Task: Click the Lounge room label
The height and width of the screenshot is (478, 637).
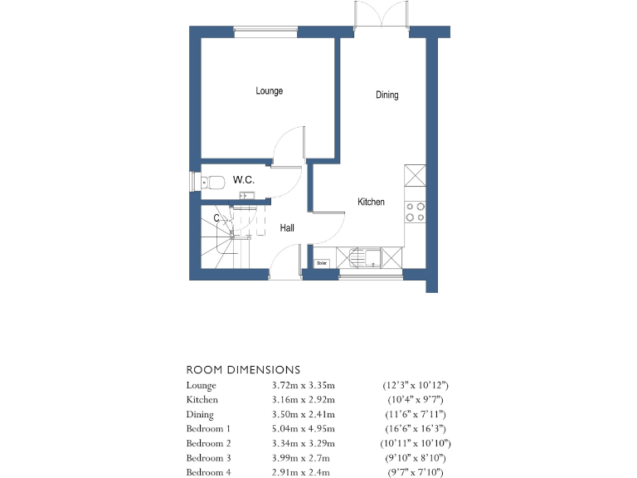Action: point(269,91)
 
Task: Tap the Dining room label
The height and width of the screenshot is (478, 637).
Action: point(387,95)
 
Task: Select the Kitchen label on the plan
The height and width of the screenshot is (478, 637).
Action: point(371,202)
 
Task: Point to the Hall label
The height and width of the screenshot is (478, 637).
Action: point(286,228)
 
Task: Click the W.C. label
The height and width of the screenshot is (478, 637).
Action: point(243,180)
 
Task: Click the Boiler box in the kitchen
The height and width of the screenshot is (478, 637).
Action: point(322,263)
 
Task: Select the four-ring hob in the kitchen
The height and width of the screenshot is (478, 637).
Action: point(415,212)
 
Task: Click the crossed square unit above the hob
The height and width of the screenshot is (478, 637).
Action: point(415,178)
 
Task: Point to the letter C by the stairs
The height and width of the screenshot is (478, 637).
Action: point(216,218)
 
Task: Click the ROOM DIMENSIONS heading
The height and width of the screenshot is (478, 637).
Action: point(242,369)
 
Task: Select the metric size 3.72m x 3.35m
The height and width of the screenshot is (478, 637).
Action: point(303,386)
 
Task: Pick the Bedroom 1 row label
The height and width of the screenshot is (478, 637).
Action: point(209,429)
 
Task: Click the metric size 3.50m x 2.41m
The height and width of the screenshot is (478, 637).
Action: point(303,415)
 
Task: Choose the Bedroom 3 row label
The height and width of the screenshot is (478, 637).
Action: point(209,458)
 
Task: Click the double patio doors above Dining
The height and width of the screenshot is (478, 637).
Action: point(382,17)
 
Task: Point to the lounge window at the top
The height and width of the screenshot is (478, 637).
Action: point(265,32)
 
